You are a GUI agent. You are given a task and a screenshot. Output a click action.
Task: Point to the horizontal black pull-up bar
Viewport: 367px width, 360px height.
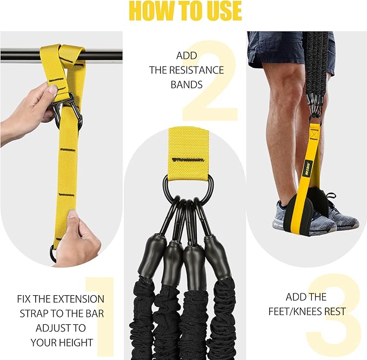tap(22, 55)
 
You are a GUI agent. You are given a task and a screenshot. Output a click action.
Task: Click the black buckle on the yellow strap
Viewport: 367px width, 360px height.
tap(69, 111)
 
